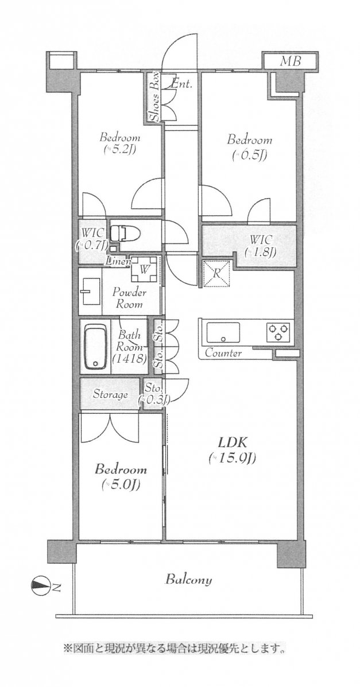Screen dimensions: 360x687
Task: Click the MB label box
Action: (291, 60)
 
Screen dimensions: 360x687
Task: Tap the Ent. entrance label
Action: (181, 84)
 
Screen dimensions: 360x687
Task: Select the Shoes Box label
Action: (154, 96)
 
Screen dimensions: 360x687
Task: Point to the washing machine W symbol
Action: (144, 269)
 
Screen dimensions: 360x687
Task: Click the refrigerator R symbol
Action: (216, 273)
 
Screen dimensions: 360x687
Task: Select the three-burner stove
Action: (278, 332)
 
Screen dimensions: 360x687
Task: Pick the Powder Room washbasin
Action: (90, 292)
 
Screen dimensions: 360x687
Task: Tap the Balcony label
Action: (188, 580)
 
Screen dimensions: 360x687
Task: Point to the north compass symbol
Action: (40, 586)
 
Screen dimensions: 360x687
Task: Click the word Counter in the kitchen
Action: (223, 353)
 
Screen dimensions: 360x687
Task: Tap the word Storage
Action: (110, 394)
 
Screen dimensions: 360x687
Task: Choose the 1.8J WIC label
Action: (261, 247)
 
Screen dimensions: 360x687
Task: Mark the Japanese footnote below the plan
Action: (175, 647)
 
